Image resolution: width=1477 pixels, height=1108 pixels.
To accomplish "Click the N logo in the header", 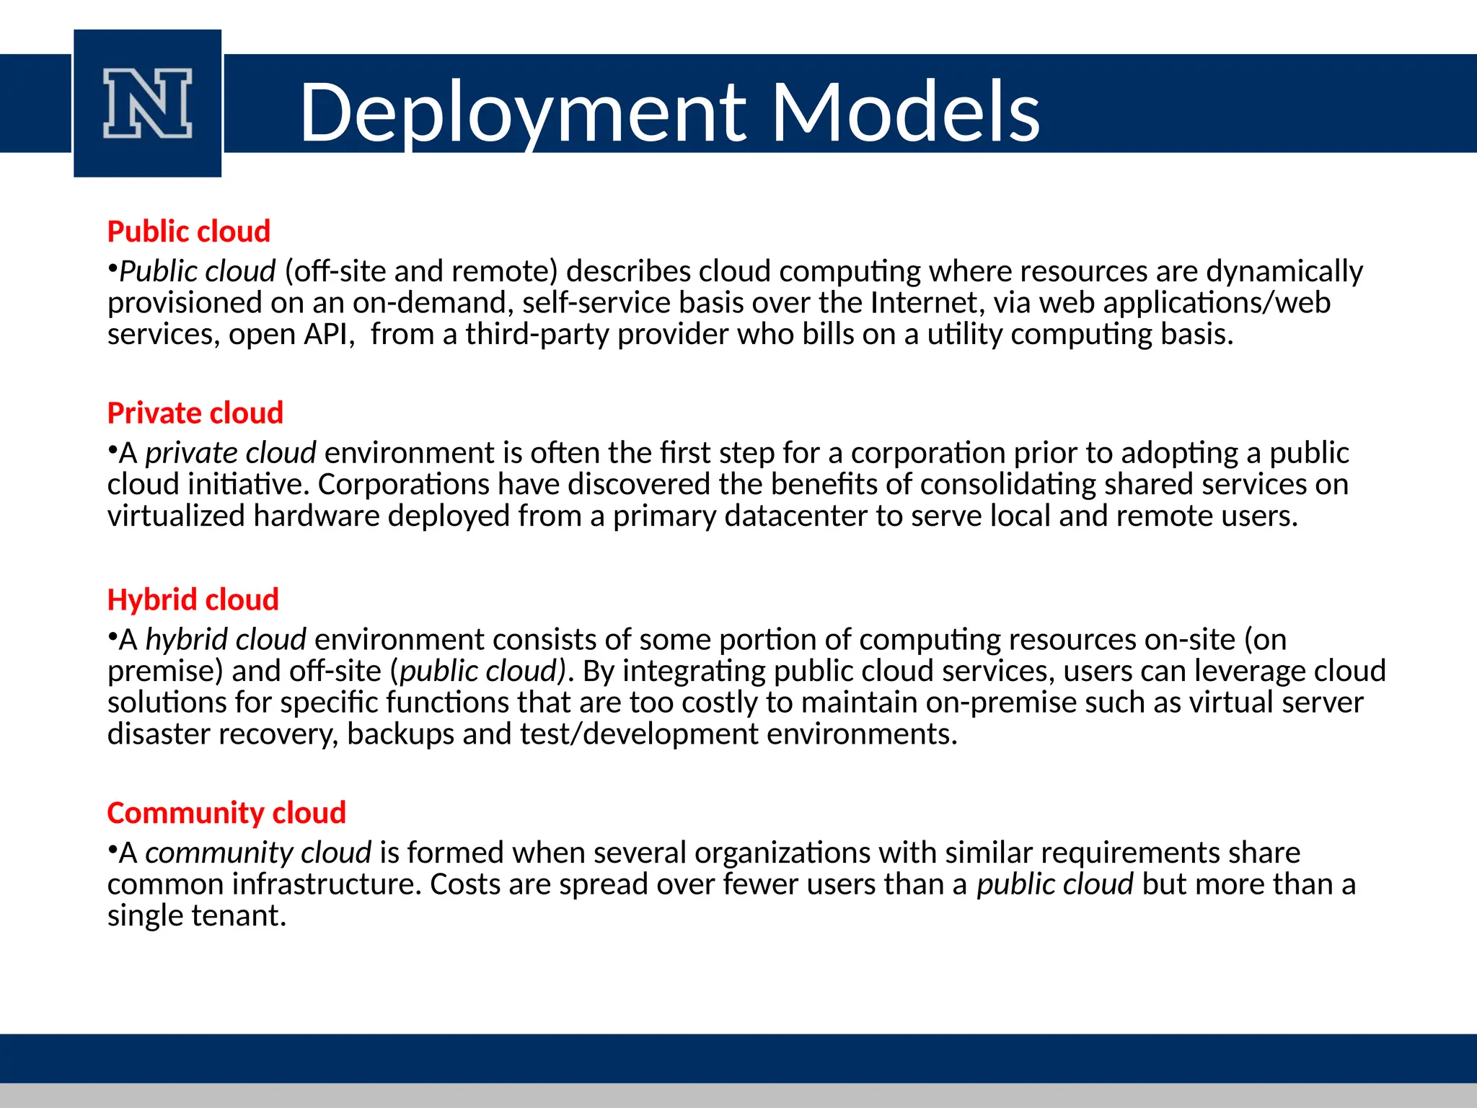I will [147, 103].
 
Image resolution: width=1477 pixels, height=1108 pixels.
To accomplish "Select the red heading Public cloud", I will [188, 232].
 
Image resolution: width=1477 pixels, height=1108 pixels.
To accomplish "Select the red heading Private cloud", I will [195, 413].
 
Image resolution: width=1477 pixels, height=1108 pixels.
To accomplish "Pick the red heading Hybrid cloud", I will [193, 599].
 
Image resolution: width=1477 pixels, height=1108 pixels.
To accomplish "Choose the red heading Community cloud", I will [226, 813].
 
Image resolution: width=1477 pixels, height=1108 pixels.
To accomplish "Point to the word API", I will [329, 335].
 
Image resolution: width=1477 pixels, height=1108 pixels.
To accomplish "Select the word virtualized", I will [176, 516].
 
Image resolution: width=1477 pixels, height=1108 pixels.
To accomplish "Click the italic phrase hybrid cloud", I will [226, 640].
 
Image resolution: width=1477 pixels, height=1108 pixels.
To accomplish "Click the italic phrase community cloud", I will [258, 853].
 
